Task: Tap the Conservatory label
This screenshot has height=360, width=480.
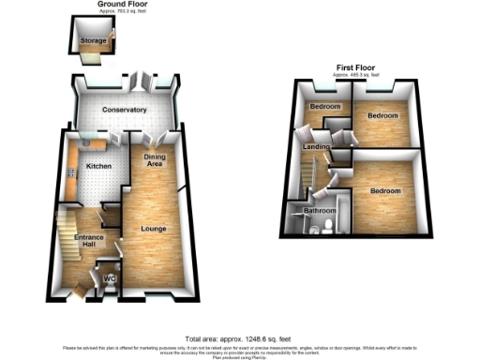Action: (125, 111)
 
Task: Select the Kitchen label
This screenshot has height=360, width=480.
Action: (99, 166)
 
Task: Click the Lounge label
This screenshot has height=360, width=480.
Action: (154, 228)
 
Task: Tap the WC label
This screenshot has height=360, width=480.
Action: (109, 279)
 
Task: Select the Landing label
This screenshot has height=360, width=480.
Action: (314, 148)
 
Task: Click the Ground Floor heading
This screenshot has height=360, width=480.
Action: (123, 5)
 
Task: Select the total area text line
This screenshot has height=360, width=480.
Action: (237, 337)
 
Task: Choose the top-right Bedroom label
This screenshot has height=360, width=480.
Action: (382, 115)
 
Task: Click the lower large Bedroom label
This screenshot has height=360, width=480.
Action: (384, 191)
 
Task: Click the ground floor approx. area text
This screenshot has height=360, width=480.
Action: (123, 11)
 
